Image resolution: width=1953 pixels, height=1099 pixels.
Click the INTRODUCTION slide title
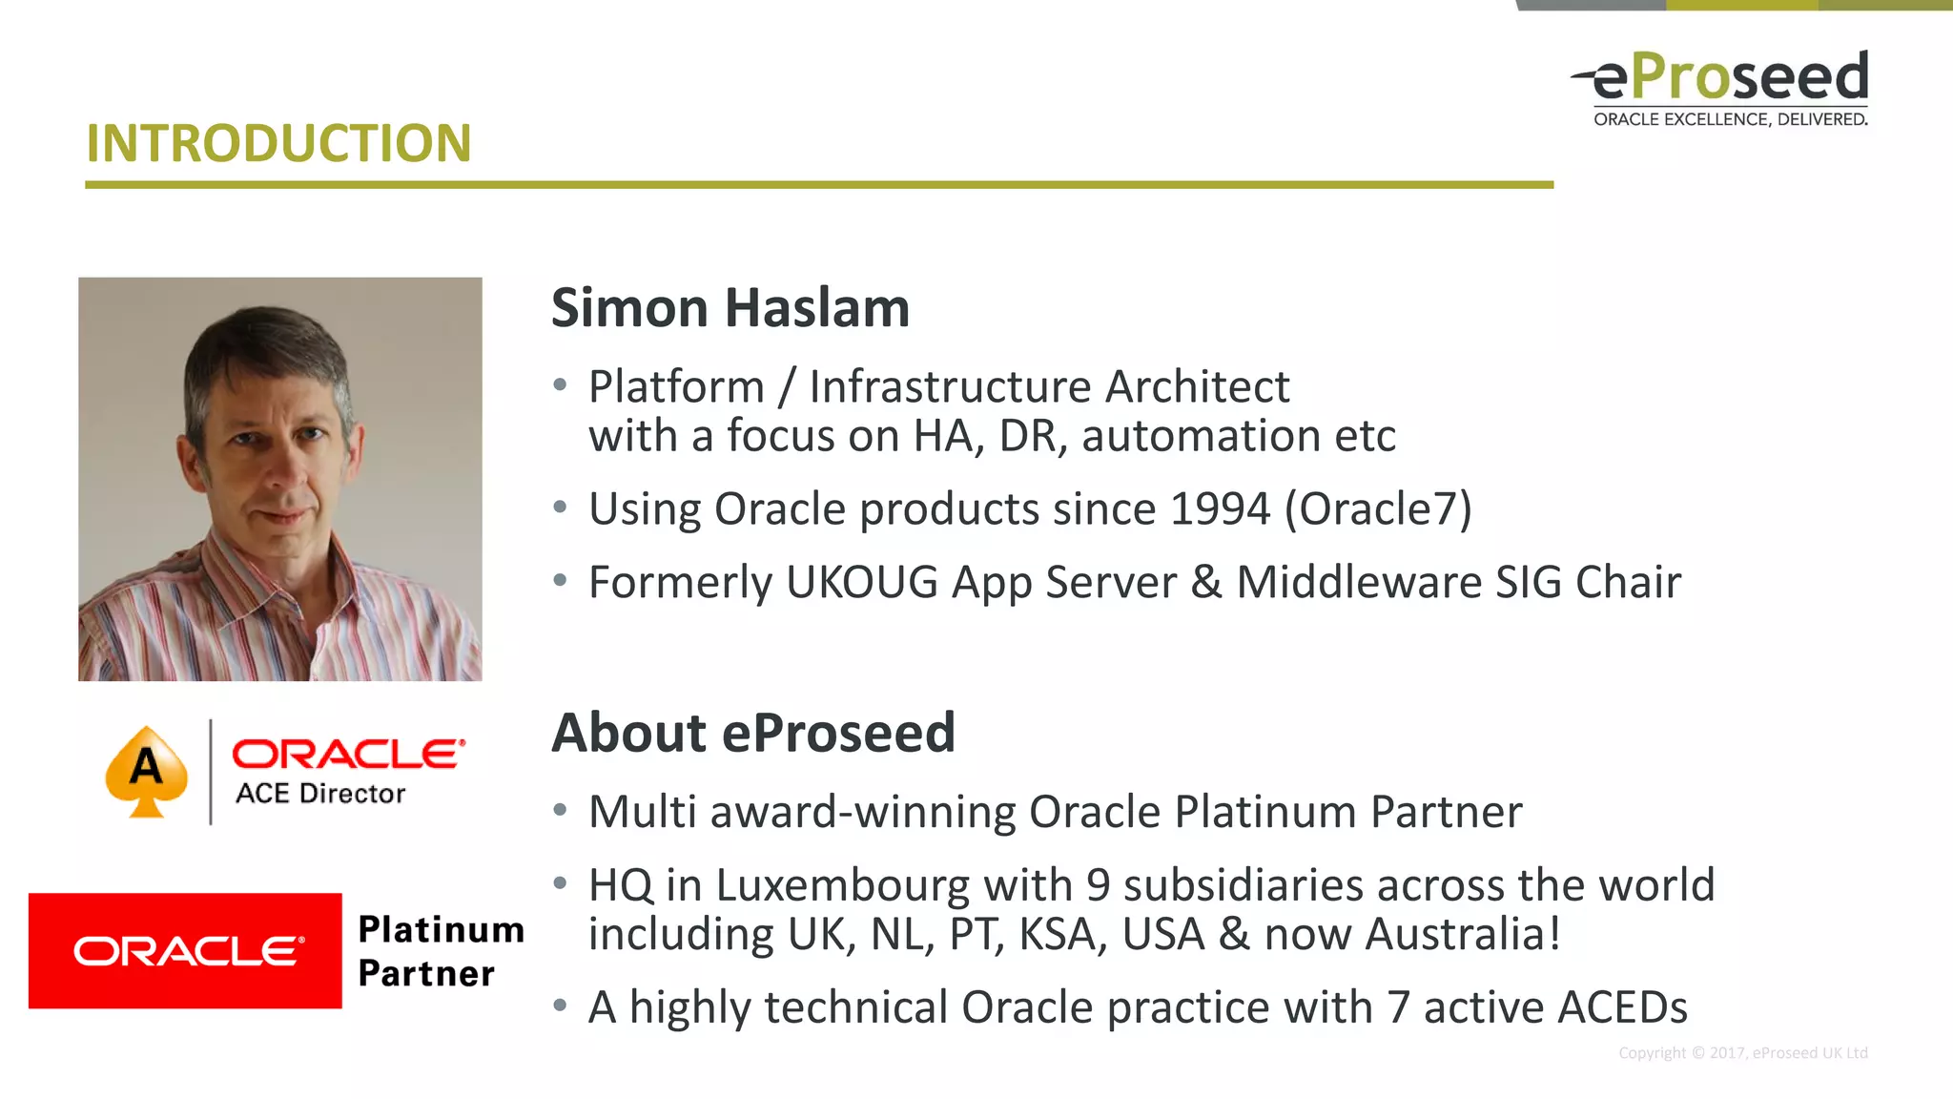278,144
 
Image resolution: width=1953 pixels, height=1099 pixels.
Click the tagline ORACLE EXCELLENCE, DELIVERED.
1730,120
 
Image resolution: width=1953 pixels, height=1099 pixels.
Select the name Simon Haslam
730,308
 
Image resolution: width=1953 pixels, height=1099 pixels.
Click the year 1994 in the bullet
1220,508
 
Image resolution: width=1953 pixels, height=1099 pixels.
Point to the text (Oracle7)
1378,508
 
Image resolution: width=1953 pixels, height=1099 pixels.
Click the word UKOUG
862,582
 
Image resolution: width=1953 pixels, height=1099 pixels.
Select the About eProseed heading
753,733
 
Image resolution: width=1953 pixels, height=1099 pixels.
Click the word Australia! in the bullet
1463,934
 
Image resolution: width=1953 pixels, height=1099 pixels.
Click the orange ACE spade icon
146,771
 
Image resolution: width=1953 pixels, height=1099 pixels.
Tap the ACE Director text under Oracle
320,794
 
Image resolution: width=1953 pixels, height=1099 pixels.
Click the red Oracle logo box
185,950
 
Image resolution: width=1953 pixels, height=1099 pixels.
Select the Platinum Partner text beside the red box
440,951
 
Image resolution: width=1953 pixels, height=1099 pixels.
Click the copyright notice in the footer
1742,1053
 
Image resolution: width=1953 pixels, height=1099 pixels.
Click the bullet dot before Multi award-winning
561,811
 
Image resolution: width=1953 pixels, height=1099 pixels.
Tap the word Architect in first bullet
1197,387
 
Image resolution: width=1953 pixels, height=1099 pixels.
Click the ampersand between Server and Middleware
1205,582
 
